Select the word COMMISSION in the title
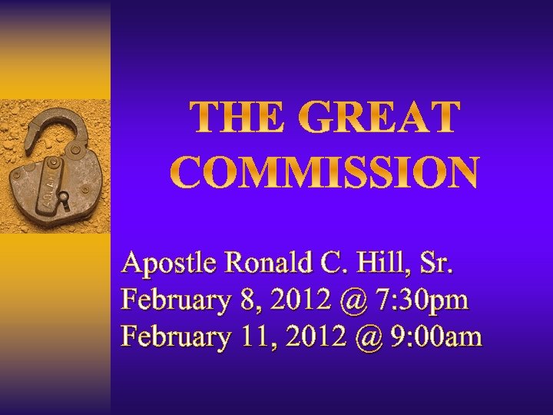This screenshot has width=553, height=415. coord(324,174)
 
